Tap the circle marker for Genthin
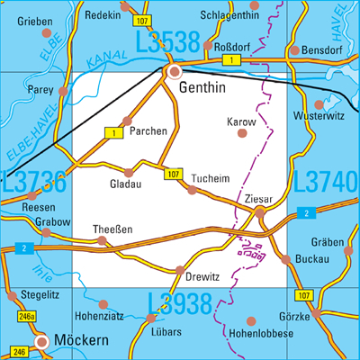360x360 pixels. pos(175,71)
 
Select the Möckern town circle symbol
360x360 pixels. pos(41,341)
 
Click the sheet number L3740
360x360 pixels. pos(325,183)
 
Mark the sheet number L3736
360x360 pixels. pos(34,183)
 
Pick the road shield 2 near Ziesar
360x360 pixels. pos(309,212)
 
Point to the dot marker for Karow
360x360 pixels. pos(241,133)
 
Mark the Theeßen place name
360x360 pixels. pos(113,229)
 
